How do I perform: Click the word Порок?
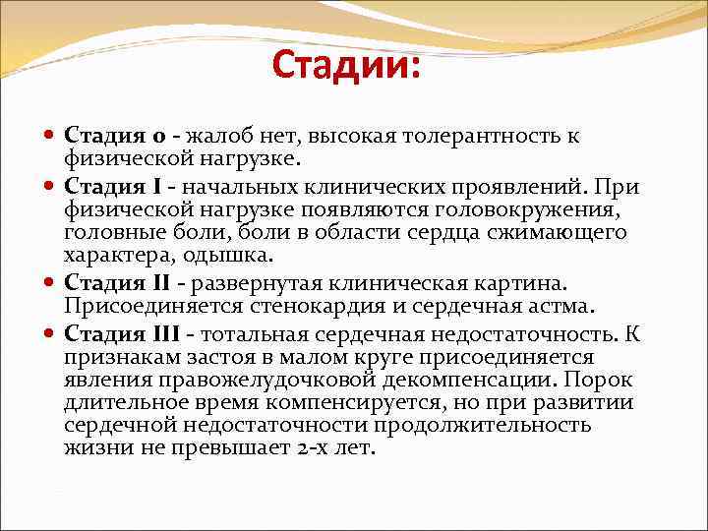tap(602, 381)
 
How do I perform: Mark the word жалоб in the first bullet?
tap(220, 136)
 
